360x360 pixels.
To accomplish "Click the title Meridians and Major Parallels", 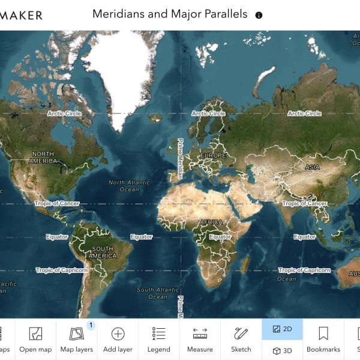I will [169, 14].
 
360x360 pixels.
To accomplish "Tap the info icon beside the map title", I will [259, 15].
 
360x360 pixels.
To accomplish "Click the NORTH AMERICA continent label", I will [43, 157].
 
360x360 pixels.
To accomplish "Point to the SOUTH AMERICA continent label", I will [103, 252].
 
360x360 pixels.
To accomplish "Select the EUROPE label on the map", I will [214, 155].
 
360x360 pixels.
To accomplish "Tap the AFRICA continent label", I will [211, 221].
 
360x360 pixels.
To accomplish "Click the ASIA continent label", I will [312, 167].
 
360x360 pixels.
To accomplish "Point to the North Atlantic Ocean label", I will [129, 185].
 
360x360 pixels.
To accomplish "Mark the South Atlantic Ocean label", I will [158, 293].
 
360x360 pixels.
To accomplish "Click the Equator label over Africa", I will [220, 237].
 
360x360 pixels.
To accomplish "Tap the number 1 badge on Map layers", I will [91, 325].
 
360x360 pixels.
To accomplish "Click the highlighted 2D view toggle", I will [282, 329].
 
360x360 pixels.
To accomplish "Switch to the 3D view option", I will [282, 350].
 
